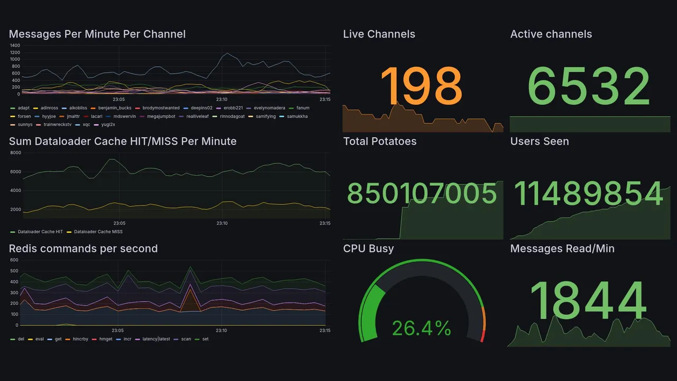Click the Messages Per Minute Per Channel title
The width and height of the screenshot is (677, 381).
pos(97,34)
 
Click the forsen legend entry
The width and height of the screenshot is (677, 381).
pos(24,116)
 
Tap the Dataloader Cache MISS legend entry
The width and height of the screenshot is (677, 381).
pos(98,232)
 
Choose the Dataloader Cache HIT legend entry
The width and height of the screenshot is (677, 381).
pos(40,232)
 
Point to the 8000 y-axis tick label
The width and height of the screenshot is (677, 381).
pos(15,153)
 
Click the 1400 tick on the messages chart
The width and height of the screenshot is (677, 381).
pos(15,46)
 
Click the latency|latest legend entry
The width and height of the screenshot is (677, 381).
pos(156,339)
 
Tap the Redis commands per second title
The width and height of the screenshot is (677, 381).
pos(84,249)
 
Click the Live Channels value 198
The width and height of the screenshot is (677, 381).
pos(421,86)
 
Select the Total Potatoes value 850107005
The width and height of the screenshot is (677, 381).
pos(422,193)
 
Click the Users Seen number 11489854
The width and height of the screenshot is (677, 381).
pos(589,193)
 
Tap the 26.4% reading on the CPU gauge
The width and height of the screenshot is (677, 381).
pos(421,329)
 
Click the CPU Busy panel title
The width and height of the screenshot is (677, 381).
pos(369,249)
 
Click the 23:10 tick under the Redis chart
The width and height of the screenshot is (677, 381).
pos(222,331)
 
